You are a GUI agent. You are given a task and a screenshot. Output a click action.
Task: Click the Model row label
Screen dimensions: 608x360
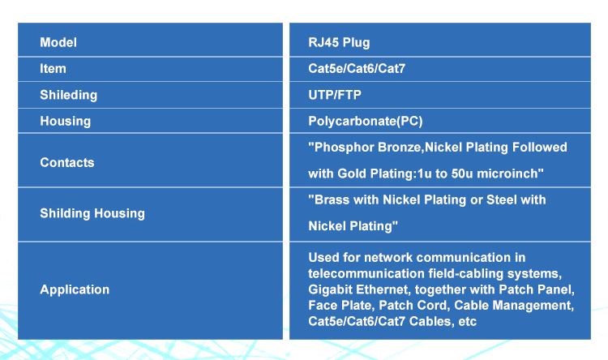(58, 42)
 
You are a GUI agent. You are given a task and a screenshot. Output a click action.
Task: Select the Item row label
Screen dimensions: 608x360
(53, 69)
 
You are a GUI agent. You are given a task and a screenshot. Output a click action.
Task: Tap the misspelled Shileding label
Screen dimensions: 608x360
(69, 95)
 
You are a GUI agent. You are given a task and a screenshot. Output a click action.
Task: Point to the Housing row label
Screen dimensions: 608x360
(65, 122)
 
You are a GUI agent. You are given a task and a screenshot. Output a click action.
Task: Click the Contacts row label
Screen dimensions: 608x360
(67, 162)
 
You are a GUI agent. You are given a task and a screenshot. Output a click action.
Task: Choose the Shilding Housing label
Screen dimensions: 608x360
(92, 213)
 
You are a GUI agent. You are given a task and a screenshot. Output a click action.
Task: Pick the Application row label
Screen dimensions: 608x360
(75, 289)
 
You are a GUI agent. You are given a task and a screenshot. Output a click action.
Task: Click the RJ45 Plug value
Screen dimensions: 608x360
(339, 43)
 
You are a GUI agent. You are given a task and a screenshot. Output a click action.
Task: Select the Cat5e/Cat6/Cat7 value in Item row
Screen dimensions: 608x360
(357, 69)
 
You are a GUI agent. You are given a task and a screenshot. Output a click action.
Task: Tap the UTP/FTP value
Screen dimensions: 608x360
(335, 95)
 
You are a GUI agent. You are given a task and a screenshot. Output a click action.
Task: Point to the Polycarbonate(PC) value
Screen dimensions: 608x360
(366, 122)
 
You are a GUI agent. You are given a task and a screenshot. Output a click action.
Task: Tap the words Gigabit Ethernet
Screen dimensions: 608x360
(358, 289)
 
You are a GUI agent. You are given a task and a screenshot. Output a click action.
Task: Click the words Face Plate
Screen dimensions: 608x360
(340, 306)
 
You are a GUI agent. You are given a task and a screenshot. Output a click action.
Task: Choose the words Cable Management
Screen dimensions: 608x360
(514, 306)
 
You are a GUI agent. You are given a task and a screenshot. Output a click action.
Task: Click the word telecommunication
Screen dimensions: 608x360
(366, 274)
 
